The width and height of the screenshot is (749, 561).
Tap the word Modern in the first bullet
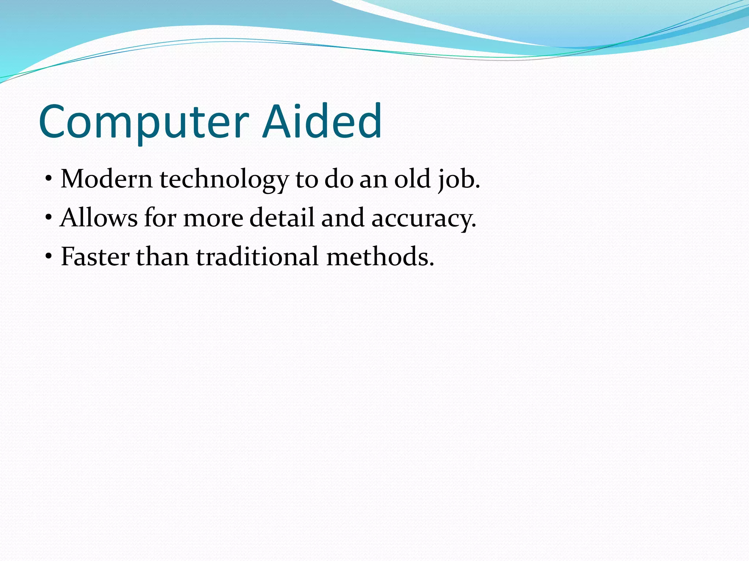point(106,179)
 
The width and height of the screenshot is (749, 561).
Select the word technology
point(224,180)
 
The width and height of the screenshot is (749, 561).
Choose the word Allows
point(99,218)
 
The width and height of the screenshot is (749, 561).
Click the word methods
point(380,256)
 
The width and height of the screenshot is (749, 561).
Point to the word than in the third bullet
point(162,256)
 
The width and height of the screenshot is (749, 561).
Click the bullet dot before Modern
point(48,179)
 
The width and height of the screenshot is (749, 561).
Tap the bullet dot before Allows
point(48,218)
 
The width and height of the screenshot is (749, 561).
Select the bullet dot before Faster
point(48,257)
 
